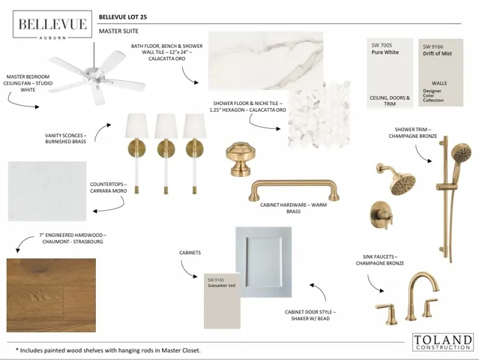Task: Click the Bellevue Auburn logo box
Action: tap(52, 25)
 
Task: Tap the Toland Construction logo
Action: tap(443, 342)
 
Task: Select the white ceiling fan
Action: tap(97, 76)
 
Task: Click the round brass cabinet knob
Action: tap(241, 159)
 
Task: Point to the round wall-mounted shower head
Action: tap(397, 179)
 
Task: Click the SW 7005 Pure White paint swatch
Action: tap(390, 73)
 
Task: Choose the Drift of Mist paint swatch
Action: tap(441, 73)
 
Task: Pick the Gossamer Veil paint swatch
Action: tap(222, 301)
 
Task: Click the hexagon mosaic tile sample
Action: tap(319, 115)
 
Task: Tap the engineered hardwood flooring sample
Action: tap(51, 295)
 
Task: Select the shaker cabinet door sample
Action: tap(263, 262)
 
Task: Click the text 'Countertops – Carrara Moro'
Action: tap(108, 187)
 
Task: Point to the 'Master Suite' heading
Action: tap(118, 31)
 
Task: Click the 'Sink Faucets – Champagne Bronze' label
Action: tap(380, 260)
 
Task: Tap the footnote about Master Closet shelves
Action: tap(108, 350)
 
